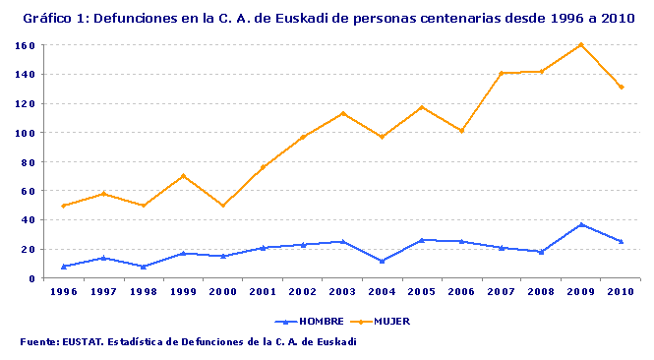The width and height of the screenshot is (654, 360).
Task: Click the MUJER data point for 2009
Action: click(581, 44)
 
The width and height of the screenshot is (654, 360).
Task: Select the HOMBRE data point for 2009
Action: click(581, 224)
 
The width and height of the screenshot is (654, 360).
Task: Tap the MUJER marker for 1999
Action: click(183, 176)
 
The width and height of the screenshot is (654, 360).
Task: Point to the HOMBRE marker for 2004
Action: click(382, 261)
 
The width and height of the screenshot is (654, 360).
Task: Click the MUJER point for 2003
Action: click(342, 113)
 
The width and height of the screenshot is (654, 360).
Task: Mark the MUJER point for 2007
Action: click(502, 73)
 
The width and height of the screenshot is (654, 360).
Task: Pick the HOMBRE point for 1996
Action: click(64, 267)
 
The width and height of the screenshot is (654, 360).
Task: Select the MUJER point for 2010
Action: click(622, 87)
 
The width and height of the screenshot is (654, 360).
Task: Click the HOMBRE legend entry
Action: click(304, 322)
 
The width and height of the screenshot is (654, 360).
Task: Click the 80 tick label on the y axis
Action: click(30, 161)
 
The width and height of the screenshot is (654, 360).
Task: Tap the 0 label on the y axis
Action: click(32, 278)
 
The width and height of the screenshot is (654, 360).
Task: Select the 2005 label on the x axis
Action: click(422, 292)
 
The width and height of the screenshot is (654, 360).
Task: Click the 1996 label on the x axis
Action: click(64, 292)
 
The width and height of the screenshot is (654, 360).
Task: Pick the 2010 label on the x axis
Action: click(622, 292)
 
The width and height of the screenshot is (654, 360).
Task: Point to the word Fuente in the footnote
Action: click(38, 341)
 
